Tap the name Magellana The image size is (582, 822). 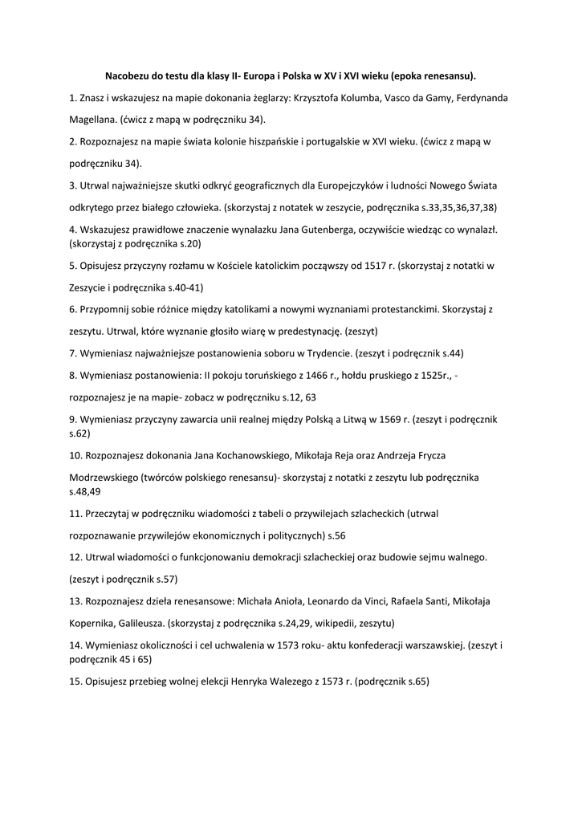93,120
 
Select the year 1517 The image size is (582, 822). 373,265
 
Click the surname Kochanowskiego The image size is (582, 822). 249,455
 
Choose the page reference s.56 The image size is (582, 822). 336,535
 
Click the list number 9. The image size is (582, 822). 72,418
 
